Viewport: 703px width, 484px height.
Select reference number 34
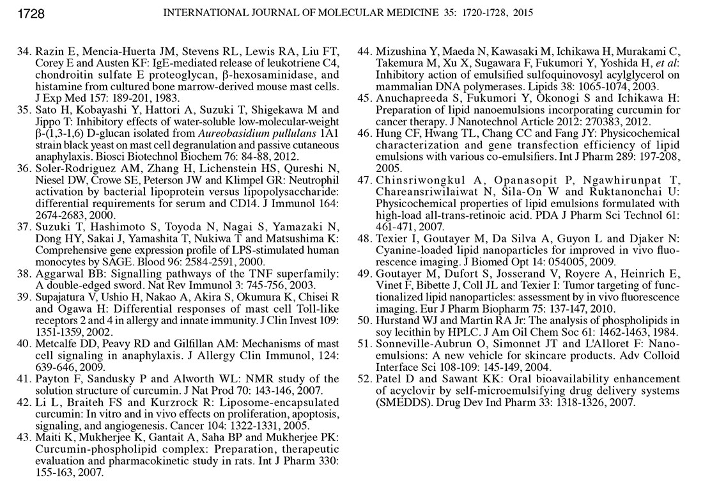pos(24,51)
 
